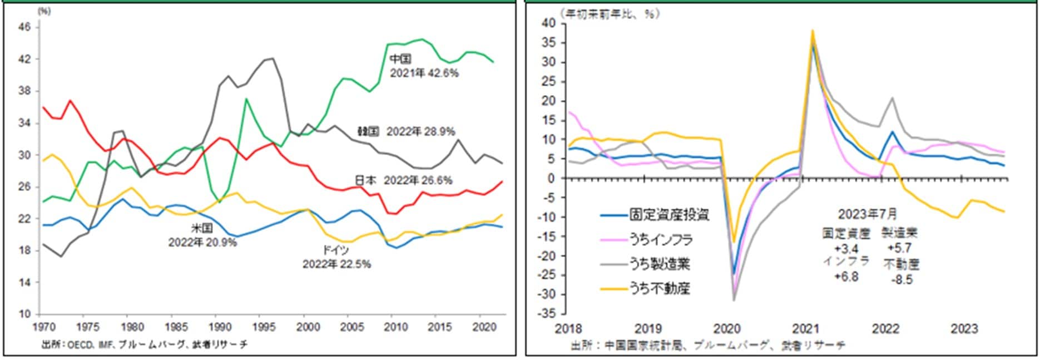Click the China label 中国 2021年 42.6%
point(424,66)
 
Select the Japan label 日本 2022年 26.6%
point(403,180)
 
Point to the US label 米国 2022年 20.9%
point(202,235)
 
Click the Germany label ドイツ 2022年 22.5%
point(336,258)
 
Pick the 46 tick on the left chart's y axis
point(27,27)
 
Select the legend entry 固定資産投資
point(669,215)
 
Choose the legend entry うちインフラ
point(661,240)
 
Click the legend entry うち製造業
point(660,264)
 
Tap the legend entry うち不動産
point(660,288)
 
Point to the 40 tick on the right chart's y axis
point(549,23)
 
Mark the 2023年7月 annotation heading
point(867,214)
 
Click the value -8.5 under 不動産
point(902,280)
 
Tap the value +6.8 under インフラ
point(846,277)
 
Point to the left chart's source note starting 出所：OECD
point(145,345)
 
